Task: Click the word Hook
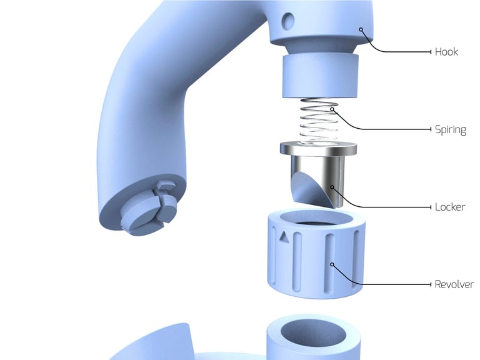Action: [x=446, y=52]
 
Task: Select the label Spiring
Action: [x=450, y=130]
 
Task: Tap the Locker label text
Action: [x=450, y=207]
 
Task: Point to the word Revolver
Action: [x=454, y=284]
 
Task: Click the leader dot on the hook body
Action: [x=361, y=29]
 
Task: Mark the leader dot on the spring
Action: [x=333, y=109]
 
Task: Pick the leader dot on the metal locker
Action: [x=332, y=187]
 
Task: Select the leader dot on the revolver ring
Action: [x=332, y=264]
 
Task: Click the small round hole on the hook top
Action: [x=288, y=21]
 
